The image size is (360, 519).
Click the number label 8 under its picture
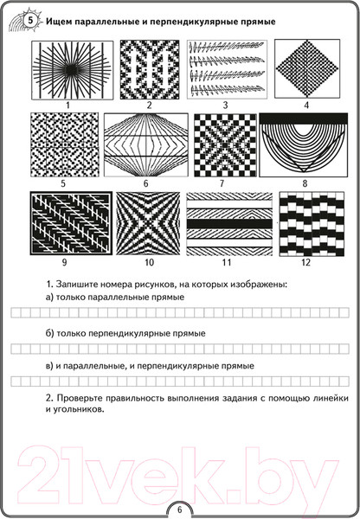305,183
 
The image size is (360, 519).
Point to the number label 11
226,261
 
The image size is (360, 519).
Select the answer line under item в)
180,381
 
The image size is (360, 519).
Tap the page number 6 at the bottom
180,509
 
